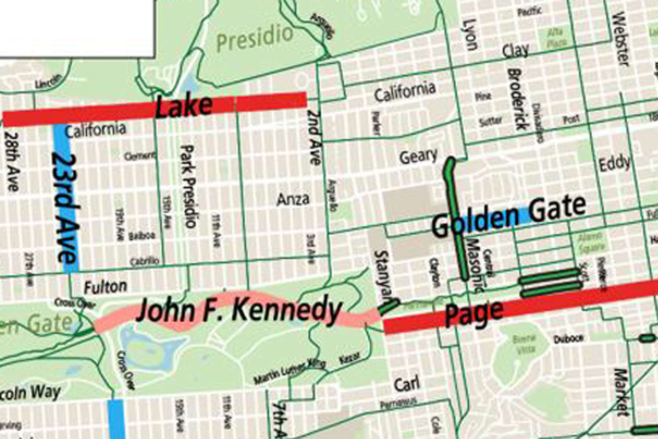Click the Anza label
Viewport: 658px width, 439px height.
293,199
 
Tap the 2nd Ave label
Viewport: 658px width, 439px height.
314,137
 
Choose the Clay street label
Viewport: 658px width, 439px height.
515,51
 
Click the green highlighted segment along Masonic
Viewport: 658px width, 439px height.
456,219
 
